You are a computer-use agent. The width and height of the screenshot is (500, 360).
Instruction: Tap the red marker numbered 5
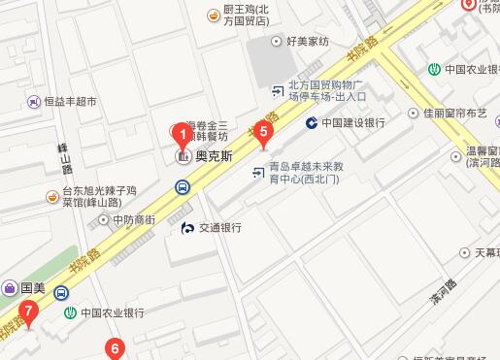(x=261, y=135)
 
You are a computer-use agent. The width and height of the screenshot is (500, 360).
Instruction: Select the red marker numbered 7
(x=29, y=312)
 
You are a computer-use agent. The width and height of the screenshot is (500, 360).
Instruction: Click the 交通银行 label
(x=219, y=228)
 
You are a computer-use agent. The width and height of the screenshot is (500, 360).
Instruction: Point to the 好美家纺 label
(x=309, y=42)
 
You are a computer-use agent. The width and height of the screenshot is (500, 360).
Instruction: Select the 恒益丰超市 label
(x=70, y=101)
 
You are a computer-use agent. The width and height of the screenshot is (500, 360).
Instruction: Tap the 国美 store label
(x=33, y=288)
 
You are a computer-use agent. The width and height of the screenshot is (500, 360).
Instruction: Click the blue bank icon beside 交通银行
(x=187, y=228)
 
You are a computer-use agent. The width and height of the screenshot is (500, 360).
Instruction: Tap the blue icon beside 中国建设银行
(x=312, y=123)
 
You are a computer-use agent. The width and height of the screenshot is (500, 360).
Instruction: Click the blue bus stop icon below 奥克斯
(x=182, y=188)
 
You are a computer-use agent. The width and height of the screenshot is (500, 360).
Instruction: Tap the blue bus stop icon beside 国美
(x=61, y=291)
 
